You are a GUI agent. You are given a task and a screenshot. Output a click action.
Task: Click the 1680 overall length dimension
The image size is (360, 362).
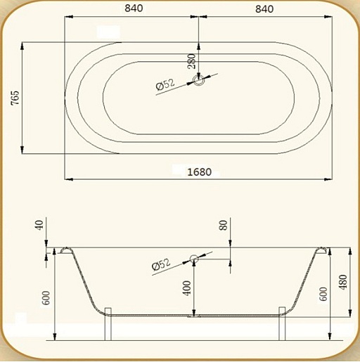pos(200,172)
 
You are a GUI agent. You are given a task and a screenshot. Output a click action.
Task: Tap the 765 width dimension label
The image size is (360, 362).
pos(15,98)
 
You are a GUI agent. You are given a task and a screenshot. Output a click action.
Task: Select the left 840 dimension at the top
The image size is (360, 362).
pos(134,8)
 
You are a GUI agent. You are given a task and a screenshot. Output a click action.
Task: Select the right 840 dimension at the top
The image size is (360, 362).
pos(264,9)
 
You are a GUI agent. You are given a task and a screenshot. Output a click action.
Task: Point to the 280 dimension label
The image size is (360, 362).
pos(192,61)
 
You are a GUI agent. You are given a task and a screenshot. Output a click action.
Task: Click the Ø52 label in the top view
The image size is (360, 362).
pos(165,84)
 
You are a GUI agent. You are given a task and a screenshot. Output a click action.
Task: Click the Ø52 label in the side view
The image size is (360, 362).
pos(161,264)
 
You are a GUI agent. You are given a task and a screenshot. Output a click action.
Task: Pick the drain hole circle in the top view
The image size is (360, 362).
pos(199,80)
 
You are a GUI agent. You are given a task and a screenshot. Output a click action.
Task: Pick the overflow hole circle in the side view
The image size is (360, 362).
pos(194,259)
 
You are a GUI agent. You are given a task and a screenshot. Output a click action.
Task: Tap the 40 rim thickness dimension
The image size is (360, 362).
pos(39,225)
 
